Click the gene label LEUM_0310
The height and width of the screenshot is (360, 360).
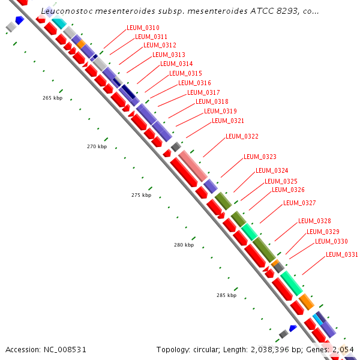[x=143, y=28]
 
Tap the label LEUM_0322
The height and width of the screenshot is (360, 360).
[x=242, y=137]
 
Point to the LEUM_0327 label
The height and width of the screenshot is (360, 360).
[x=299, y=203]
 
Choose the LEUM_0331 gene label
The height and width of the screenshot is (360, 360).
[x=341, y=254]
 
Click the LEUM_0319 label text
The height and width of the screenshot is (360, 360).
[x=220, y=111]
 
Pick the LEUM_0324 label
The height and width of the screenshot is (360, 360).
[x=272, y=170]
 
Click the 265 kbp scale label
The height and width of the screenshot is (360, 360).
[x=52, y=98]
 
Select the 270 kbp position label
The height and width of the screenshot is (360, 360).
[x=97, y=146]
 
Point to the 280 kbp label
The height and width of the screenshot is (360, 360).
[x=184, y=245]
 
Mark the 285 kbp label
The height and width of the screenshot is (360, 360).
[x=226, y=295]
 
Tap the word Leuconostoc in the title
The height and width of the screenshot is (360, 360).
[x=67, y=11]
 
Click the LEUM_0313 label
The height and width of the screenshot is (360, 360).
[x=169, y=55]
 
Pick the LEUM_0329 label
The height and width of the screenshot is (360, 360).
[x=323, y=232]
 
